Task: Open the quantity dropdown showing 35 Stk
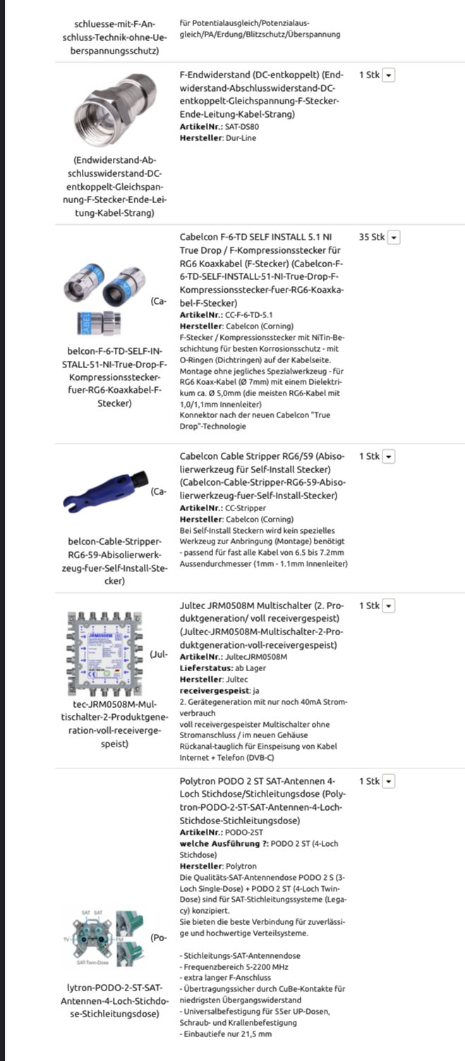pyautogui.click(x=394, y=238)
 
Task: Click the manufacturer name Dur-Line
pyautogui.click(x=241, y=138)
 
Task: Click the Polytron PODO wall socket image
pyautogui.click(x=102, y=938)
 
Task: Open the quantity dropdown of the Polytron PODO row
pyautogui.click(x=388, y=781)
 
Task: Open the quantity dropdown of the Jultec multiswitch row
pyautogui.click(x=388, y=606)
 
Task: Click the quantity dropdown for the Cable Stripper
pyautogui.click(x=388, y=456)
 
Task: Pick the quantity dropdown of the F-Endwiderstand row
pyautogui.click(x=388, y=75)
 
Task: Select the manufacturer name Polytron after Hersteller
pyautogui.click(x=241, y=866)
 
